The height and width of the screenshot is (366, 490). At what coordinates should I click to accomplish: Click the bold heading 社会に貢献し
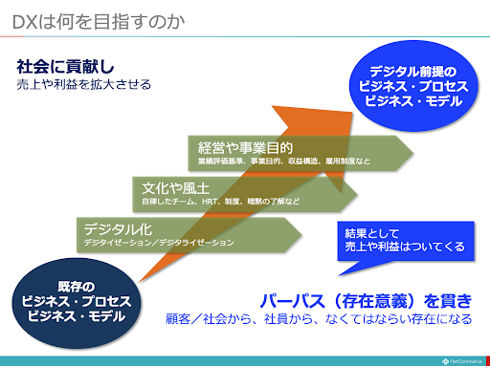click(58, 67)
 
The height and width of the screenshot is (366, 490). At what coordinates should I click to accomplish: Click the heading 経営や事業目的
click(245, 148)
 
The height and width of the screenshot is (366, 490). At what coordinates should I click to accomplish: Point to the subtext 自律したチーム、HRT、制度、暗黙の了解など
click(220, 203)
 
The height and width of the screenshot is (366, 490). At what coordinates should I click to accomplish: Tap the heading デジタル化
click(117, 228)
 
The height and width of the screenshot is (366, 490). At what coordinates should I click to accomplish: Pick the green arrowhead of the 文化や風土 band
click(345, 194)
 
